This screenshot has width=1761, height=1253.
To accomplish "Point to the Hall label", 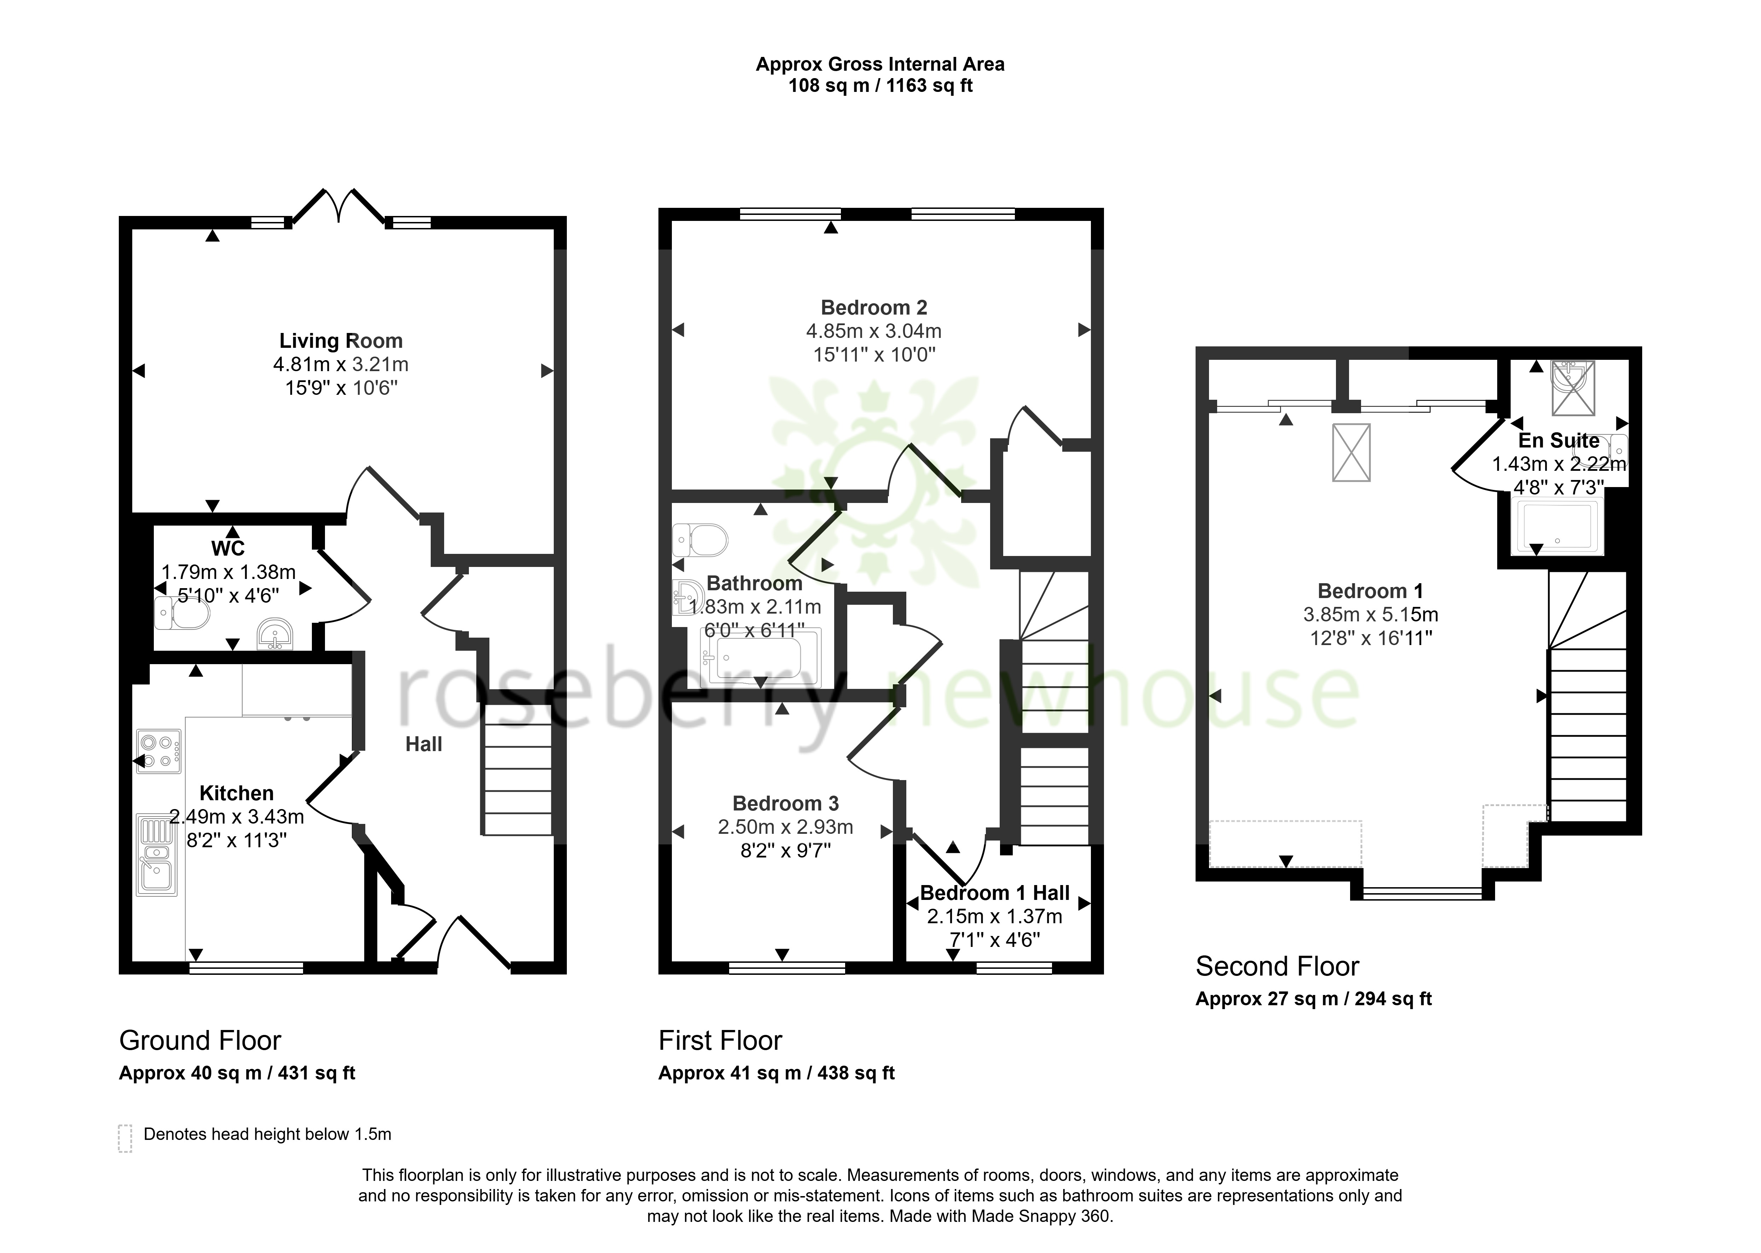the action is tap(424, 744).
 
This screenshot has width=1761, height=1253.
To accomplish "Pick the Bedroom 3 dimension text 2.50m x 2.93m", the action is tap(786, 827).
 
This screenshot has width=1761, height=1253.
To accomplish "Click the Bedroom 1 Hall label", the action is tap(995, 894).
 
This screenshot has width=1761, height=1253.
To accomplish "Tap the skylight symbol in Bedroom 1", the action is tap(1351, 453).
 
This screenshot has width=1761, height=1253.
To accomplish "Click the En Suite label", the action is tap(1559, 440).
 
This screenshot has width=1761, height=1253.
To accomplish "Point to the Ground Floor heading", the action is tap(200, 1041).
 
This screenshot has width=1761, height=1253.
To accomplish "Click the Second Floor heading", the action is tap(1277, 967).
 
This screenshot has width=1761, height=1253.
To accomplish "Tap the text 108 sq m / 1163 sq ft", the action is tap(880, 86).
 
